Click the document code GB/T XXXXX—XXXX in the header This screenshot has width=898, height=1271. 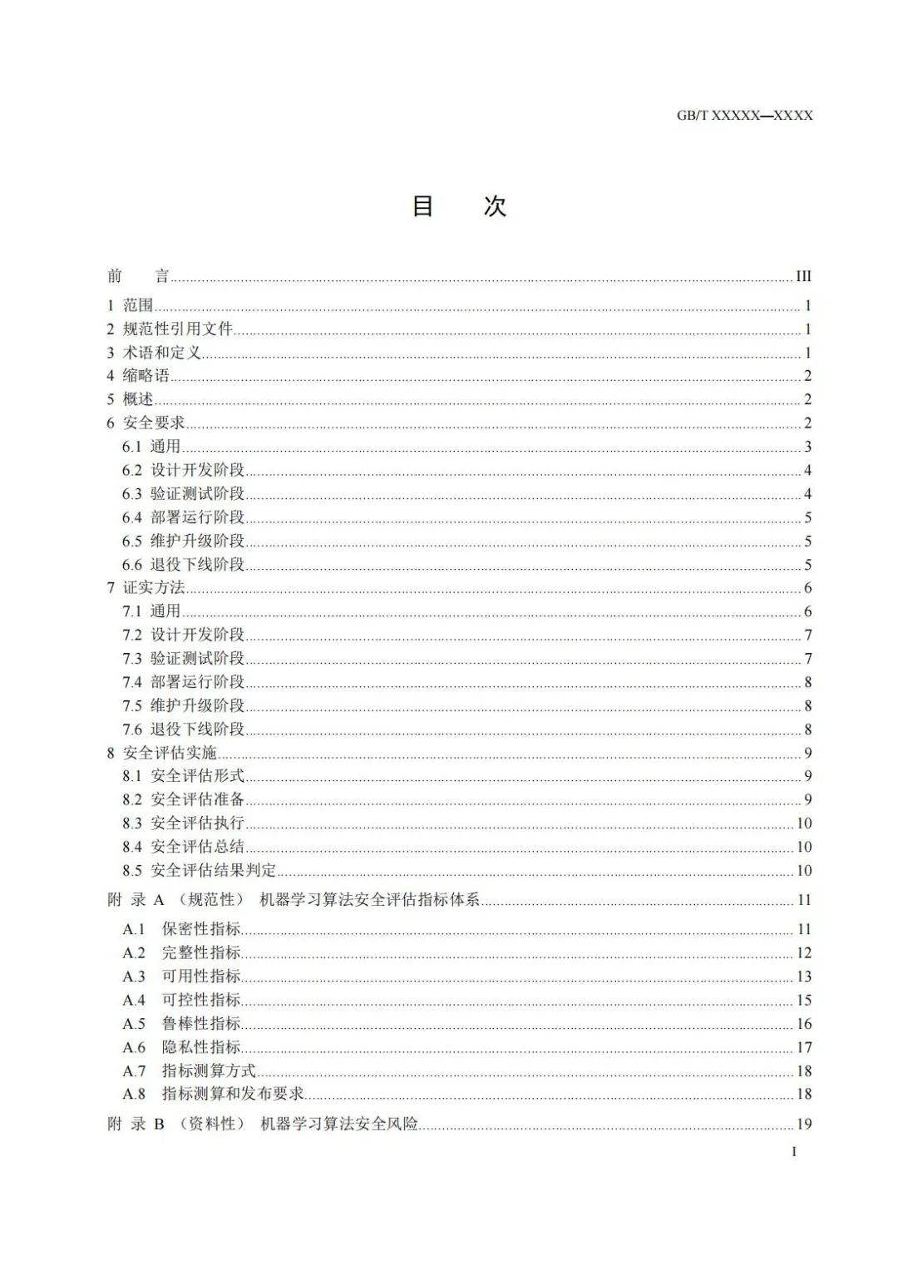(x=744, y=116)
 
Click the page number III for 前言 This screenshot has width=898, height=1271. (x=803, y=276)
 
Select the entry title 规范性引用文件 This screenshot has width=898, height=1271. (x=178, y=329)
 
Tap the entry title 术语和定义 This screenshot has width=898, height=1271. (x=162, y=353)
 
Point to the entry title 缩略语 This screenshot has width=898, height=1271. (x=146, y=376)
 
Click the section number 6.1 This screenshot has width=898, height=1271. (x=132, y=447)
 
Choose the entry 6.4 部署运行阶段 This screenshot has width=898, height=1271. (x=184, y=517)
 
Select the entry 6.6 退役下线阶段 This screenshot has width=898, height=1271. (x=184, y=565)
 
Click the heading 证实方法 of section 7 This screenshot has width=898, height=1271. (x=154, y=588)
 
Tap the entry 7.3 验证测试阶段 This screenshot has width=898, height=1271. (x=184, y=659)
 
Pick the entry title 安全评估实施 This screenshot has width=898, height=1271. (x=170, y=753)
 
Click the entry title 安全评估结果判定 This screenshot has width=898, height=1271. (x=214, y=871)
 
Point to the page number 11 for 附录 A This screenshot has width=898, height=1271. (x=804, y=900)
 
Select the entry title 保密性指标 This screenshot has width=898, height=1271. (x=201, y=929)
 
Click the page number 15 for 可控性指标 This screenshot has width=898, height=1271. (x=804, y=1000)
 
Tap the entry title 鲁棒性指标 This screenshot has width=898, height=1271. (x=201, y=1024)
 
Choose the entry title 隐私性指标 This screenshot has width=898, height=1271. (x=201, y=1047)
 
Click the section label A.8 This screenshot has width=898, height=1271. (x=134, y=1094)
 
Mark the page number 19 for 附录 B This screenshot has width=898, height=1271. (x=804, y=1125)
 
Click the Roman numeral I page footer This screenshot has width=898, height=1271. (x=794, y=1152)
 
